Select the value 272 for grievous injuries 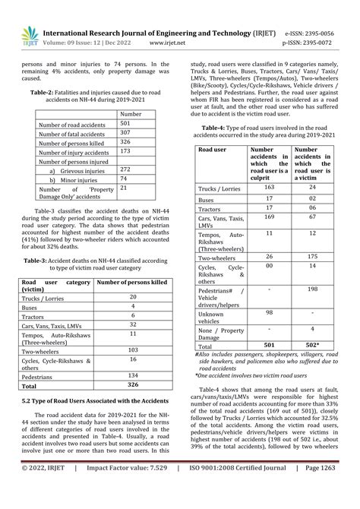(x=126, y=170)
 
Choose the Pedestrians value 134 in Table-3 (x=133, y=375)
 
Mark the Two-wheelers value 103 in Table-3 (x=133, y=349)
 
